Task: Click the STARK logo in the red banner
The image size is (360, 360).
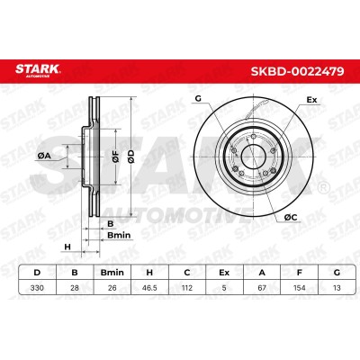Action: click(x=38, y=70)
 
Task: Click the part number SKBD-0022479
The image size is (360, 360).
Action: click(x=298, y=71)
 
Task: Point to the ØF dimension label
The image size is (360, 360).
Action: click(x=116, y=157)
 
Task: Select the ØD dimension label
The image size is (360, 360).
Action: click(x=131, y=157)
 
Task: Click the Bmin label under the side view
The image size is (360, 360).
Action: click(x=119, y=236)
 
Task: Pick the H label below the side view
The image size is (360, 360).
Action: click(x=67, y=247)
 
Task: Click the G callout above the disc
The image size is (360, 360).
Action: click(x=198, y=98)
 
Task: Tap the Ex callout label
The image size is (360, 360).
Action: click(x=311, y=100)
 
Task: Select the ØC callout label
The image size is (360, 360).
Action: click(x=291, y=218)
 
